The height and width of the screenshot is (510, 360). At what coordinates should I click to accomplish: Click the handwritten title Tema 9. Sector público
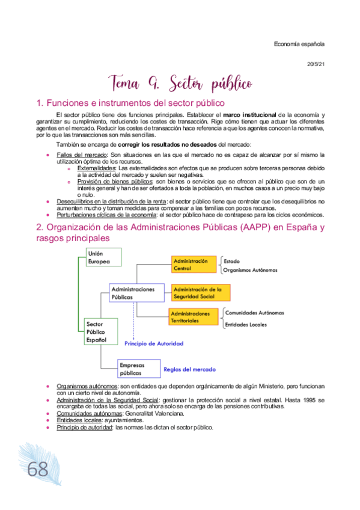coord(180,82)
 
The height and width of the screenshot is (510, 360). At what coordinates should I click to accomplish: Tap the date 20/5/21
coord(316,64)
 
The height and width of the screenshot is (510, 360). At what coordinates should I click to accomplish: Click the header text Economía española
coord(299,43)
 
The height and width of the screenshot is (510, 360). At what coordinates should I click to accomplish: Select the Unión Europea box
coord(103,257)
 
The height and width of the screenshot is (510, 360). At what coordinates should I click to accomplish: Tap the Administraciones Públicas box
coord(136,293)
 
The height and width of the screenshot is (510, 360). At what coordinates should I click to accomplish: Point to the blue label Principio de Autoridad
coord(154,343)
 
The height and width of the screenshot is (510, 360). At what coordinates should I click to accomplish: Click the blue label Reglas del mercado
coord(189,369)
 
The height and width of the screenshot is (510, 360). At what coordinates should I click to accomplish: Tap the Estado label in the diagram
coord(232,261)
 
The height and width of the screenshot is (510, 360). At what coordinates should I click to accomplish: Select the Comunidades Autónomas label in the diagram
coord(254,313)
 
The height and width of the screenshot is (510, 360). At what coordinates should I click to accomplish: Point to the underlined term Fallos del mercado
coord(78,155)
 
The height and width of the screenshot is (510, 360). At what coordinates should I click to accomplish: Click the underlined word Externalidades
coord(97,168)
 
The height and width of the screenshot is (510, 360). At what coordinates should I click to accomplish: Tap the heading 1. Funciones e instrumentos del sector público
coord(122,102)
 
